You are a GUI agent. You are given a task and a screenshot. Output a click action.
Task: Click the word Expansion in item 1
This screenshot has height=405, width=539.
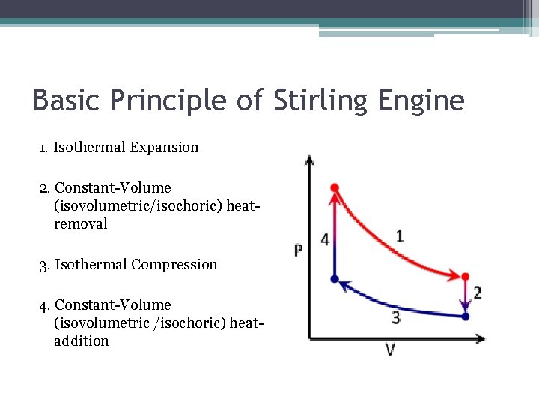pyautogui.click(x=164, y=148)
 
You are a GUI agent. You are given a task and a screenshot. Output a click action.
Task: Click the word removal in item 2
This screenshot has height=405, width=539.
pyautogui.click(x=81, y=224)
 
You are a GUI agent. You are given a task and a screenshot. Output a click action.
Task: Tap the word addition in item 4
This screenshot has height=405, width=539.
pyautogui.click(x=81, y=341)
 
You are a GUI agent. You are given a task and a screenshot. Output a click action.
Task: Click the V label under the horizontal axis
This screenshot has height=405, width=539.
pyautogui.click(x=390, y=349)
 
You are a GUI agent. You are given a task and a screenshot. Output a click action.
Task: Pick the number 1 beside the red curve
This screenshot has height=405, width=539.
pyautogui.click(x=400, y=236)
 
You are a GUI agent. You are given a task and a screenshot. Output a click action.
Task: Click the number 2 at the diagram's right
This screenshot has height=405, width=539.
pyautogui.click(x=477, y=292)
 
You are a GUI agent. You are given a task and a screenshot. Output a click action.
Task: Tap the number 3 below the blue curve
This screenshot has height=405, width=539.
pyautogui.click(x=396, y=318)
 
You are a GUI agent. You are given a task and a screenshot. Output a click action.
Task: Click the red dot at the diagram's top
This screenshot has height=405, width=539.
pyautogui.click(x=335, y=187)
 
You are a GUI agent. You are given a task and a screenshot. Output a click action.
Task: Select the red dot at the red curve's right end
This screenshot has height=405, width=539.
pyautogui.click(x=465, y=277)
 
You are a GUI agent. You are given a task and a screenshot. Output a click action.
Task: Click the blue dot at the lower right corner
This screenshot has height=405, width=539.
pyautogui.click(x=465, y=316)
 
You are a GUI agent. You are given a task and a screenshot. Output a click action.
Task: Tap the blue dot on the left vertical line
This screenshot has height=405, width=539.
pyautogui.click(x=335, y=279)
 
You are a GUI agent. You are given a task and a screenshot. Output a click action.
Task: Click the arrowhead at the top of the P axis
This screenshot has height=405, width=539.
pyautogui.click(x=309, y=160)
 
